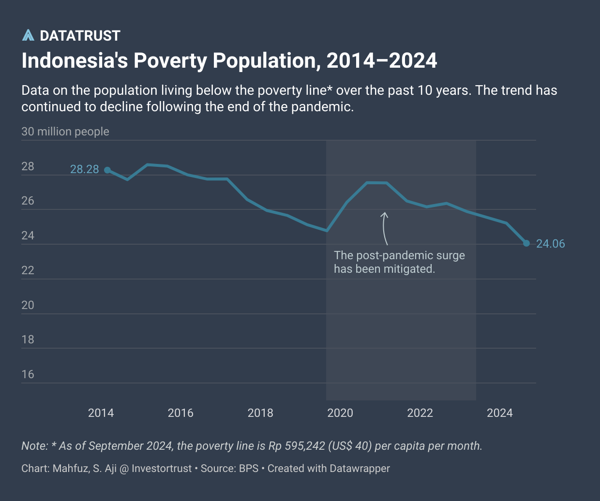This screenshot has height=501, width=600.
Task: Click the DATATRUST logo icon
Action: [x=28, y=35]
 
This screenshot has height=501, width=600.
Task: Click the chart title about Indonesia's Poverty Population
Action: [x=229, y=61]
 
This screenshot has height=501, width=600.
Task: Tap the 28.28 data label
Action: [x=84, y=169]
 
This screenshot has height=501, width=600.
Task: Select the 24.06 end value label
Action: [x=551, y=244]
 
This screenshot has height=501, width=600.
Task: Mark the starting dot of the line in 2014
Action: [x=107, y=170]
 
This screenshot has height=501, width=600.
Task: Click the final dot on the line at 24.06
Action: [x=526, y=243]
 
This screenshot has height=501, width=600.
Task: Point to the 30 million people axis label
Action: [x=65, y=132]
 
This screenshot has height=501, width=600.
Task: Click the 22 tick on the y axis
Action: [x=28, y=270]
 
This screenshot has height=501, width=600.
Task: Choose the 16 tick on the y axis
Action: [x=28, y=374]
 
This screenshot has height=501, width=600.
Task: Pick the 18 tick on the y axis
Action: [x=28, y=339]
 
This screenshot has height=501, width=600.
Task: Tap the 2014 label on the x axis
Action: [x=101, y=413]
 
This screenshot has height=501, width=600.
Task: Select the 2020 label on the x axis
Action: [x=340, y=413]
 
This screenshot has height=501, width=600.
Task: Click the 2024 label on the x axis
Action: [x=500, y=413]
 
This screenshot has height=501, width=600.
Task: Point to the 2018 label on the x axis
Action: [x=260, y=413]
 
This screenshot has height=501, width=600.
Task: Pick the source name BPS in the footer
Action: [x=249, y=468]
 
